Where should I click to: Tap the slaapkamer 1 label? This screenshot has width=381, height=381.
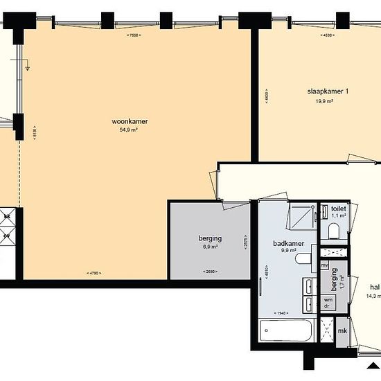328,91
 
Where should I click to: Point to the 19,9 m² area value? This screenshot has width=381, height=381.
325,100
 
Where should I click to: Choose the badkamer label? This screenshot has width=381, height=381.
285,244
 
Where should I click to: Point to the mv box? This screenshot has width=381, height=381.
324,265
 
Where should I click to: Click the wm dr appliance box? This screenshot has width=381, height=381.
328,303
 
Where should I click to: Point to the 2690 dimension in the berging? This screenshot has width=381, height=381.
209,271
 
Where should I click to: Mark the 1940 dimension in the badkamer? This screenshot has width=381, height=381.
281,313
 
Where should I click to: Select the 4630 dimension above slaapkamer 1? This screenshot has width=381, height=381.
328,35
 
